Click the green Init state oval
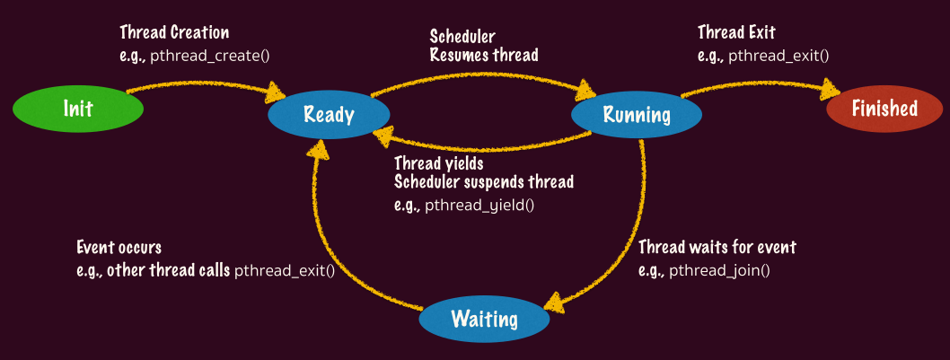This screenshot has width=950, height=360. (78, 109)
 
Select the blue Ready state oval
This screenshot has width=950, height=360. (329, 114)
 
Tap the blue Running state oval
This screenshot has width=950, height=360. (637, 114)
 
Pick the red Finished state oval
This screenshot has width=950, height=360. (884, 109)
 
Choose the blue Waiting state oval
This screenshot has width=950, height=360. (484, 319)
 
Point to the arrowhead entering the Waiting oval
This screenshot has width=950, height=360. (556, 303)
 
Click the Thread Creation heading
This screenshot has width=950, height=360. (174, 33)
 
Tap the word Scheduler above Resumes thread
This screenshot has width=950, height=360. (462, 37)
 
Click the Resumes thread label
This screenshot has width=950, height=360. (483, 56)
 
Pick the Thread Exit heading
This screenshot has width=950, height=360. (736, 33)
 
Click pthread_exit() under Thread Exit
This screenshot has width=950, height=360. (778, 55)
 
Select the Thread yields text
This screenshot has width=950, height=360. (439, 163)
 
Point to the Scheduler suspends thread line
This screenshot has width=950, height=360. (484, 182)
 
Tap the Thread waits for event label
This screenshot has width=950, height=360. (717, 247)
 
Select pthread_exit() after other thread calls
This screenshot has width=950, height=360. (285, 269)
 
